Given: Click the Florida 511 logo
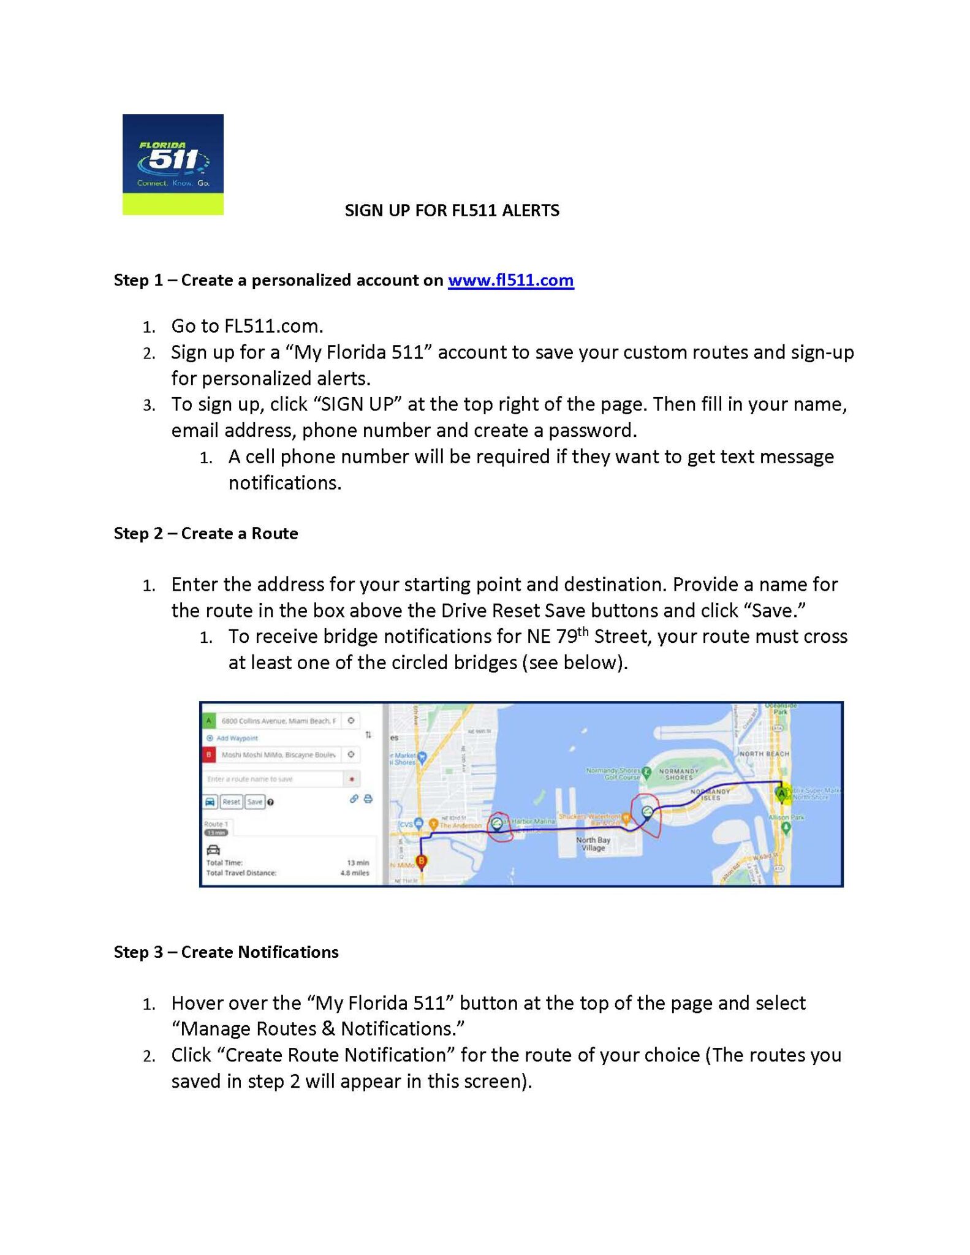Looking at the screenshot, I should point(173,164).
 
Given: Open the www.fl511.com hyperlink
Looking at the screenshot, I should point(510,280).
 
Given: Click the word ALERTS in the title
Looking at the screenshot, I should point(530,210).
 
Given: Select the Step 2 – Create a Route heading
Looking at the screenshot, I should point(206,533).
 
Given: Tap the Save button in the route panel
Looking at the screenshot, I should point(254,802).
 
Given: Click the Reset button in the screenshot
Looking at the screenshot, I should point(231,802).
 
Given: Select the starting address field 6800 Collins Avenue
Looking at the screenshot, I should point(278,721).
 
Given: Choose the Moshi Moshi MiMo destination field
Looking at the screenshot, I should point(278,755).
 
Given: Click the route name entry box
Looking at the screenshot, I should point(273,779).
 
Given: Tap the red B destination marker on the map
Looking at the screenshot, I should point(422,862).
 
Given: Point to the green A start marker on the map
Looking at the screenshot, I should point(781,794).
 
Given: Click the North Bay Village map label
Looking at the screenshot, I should point(593,844).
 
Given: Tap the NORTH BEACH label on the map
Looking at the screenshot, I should point(764,753).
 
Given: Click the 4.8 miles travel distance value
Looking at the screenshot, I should point(355,873).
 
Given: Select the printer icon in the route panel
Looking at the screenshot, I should point(368,799).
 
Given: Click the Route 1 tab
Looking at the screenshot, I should point(216,824).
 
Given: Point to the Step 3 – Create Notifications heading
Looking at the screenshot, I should point(226,952).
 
